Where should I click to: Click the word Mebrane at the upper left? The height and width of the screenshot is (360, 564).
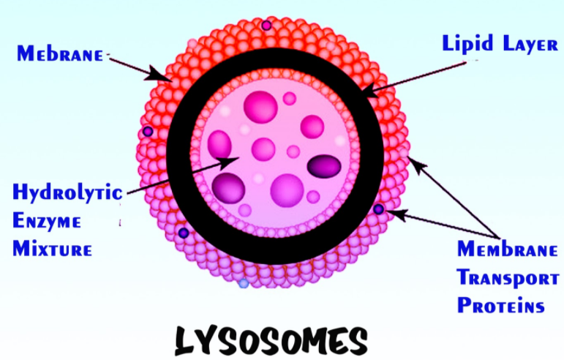pyautogui.click(x=61, y=53)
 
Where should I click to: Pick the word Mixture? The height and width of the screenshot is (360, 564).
pyautogui.click(x=52, y=248)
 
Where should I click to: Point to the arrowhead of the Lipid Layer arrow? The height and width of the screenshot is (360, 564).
pyautogui.click(x=366, y=93)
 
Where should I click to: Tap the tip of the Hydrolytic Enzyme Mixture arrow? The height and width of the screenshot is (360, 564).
pyautogui.click(x=236, y=158)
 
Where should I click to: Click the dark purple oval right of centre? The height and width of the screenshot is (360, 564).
pyautogui.click(x=324, y=167)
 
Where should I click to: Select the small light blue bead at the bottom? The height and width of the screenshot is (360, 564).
pyautogui.click(x=244, y=282)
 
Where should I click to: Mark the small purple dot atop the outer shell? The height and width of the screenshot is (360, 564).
pyautogui.click(x=266, y=26)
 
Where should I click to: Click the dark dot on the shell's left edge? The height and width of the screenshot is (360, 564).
pyautogui.click(x=148, y=132)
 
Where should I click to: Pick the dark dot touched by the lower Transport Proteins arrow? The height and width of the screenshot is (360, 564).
pyautogui.click(x=378, y=209)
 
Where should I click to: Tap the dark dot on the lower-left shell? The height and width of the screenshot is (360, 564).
pyautogui.click(x=183, y=233)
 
